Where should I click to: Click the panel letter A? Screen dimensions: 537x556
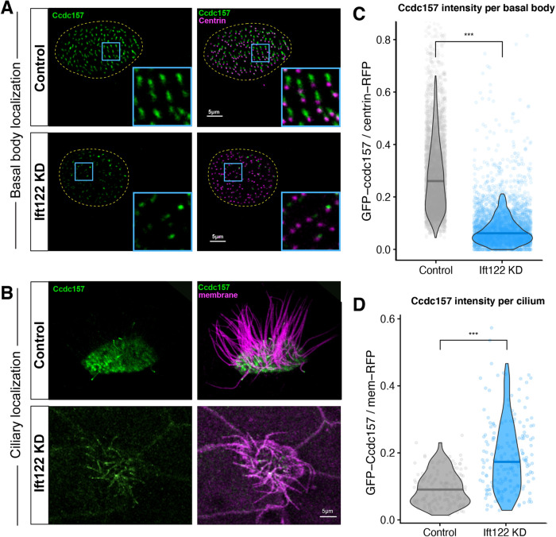coord(11,11)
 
